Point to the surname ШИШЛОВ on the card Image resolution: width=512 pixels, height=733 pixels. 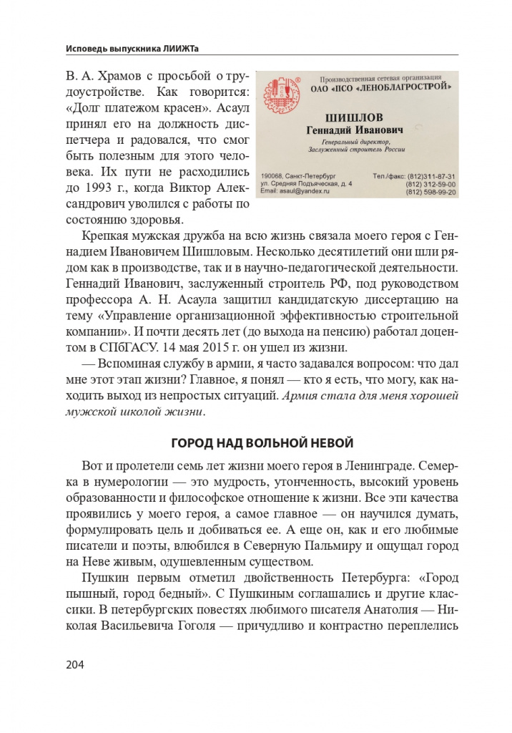tap(355, 117)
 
